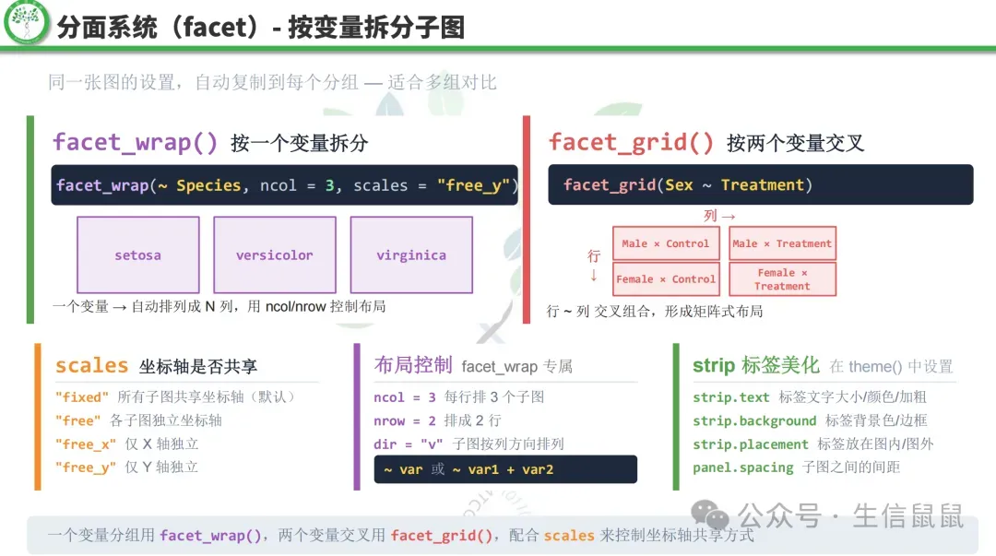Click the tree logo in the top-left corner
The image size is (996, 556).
click(26, 24)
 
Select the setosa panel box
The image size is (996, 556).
click(137, 255)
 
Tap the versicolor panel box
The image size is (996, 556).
click(274, 255)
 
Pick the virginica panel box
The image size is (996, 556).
click(411, 255)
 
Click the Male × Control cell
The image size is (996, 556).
click(665, 243)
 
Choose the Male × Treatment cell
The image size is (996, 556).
click(782, 243)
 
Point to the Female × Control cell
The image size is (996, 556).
click(665, 278)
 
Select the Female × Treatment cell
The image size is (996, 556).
click(782, 279)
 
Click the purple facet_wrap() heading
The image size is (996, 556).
click(136, 142)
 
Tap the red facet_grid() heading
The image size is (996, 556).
click(631, 142)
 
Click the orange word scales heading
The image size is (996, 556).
click(91, 365)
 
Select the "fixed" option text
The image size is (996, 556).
click(82, 397)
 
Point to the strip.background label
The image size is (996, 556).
click(754, 420)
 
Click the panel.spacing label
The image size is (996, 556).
click(742, 467)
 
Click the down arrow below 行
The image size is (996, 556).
click(594, 275)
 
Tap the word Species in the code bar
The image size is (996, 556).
click(208, 185)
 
